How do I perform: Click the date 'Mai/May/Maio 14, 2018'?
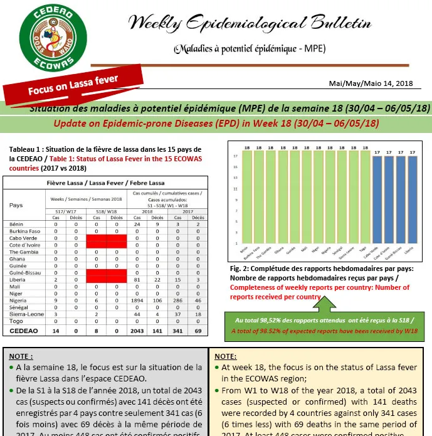tap(371, 83)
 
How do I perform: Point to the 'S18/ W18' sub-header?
tap(105, 212)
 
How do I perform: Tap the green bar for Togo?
tap(365, 200)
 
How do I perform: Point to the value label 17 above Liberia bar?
tap(412, 152)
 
